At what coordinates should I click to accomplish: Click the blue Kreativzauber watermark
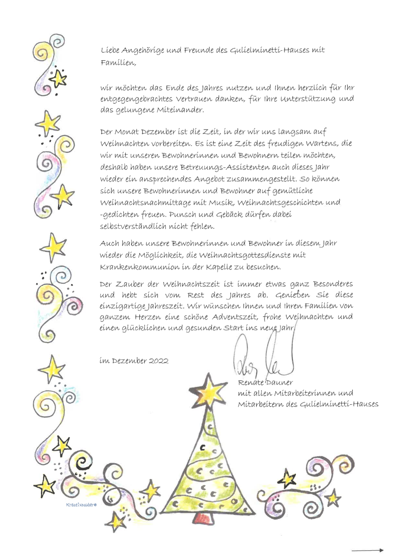point(81,505)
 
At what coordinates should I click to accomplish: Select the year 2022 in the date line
point(158,361)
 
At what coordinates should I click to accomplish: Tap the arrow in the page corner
point(367,550)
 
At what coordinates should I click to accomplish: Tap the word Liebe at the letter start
point(110,50)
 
